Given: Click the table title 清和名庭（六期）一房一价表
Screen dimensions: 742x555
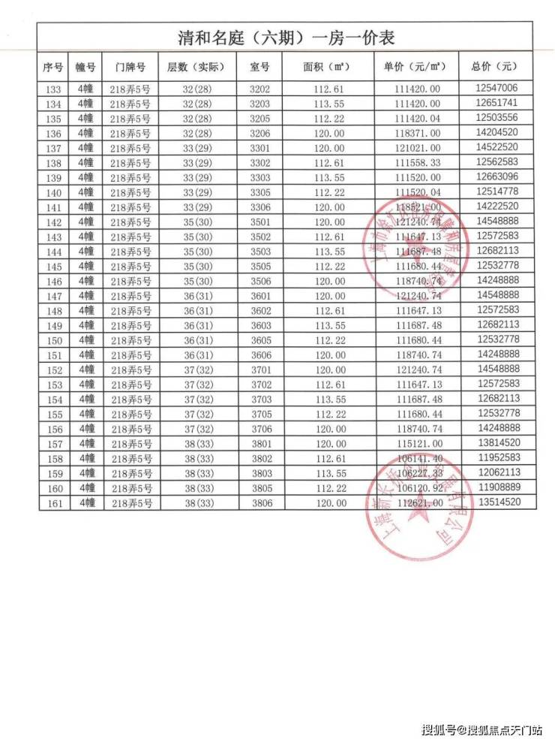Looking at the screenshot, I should (286, 37).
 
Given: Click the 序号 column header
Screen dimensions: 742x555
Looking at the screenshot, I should (52, 67).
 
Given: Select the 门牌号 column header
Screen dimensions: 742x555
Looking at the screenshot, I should (130, 67).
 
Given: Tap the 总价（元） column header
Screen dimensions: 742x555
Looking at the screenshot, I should (496, 67).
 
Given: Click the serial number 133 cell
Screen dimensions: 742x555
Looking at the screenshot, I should (52, 89).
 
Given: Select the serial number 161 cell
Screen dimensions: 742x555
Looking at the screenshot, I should (52, 502).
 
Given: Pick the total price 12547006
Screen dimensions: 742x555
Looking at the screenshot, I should (496, 88).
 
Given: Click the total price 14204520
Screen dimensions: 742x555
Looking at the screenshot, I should (496, 132).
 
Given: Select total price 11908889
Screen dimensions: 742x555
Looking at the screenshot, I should (496, 487).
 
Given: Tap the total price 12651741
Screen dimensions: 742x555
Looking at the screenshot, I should (496, 103).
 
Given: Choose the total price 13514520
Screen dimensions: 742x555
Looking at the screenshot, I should (496, 502).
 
